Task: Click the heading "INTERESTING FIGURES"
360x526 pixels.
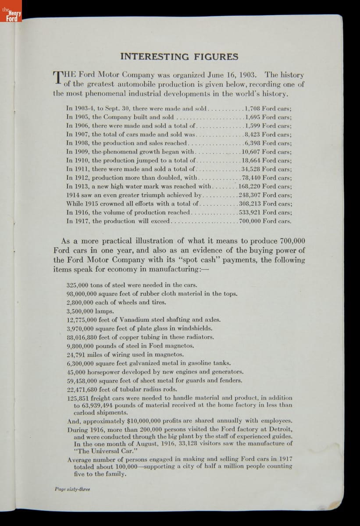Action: pos(179,57)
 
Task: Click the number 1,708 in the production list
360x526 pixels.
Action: pos(253,108)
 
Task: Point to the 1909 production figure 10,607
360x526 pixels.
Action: pos(251,152)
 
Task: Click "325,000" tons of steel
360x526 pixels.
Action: pos(78,285)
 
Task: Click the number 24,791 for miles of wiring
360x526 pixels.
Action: pos(76,354)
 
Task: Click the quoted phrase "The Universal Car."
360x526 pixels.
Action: pos(100,451)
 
